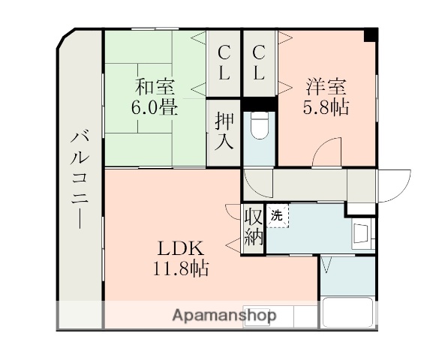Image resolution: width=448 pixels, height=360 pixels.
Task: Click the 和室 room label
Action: [x=155, y=85]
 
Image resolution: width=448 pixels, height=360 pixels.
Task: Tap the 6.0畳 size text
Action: [x=155, y=106]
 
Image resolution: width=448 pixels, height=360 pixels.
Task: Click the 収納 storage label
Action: [x=254, y=228]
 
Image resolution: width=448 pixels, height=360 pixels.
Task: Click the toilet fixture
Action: [x=259, y=127]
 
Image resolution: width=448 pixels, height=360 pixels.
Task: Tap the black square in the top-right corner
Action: [x=370, y=34]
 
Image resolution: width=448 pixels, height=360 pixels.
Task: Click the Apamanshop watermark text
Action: [x=224, y=315]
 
